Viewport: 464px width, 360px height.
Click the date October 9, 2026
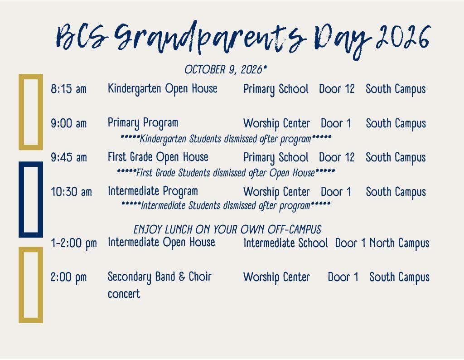226,69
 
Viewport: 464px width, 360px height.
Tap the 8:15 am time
69,89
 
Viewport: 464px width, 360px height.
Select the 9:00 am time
69,123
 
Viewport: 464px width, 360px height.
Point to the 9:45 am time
69,157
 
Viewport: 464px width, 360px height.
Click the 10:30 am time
71,191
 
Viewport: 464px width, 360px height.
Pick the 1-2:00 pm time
74,243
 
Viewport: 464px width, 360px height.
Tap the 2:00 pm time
69,277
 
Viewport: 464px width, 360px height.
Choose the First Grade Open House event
158,157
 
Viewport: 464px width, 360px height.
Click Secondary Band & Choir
159,277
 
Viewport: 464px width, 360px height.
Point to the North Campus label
400,243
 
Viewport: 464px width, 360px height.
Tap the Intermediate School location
285,243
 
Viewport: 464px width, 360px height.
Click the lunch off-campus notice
227,229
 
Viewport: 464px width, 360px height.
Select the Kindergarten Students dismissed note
226,139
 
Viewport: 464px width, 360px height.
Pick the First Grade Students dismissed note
226,173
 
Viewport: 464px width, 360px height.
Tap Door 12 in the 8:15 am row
337,89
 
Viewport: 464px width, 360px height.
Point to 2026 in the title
403,37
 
